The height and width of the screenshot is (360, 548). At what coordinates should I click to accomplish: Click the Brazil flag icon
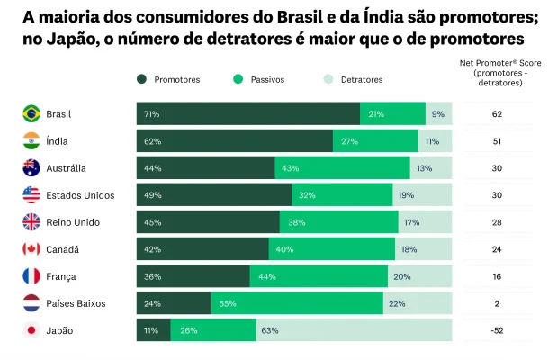31,114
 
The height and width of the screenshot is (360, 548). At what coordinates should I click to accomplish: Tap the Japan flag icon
31,330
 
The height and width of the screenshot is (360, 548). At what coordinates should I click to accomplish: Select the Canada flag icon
31,249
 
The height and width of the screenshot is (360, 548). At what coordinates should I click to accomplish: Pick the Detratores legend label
361,79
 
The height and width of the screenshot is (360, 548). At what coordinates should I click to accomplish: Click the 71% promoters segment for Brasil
248,114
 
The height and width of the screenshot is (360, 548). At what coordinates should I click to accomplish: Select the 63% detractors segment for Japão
354,330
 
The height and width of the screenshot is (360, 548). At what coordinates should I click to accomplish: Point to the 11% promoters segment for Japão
153,330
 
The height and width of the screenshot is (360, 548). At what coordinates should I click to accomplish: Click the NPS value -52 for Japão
496,330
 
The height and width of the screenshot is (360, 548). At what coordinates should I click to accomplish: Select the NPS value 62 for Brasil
496,114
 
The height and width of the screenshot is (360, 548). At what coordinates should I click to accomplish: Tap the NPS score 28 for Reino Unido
496,222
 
